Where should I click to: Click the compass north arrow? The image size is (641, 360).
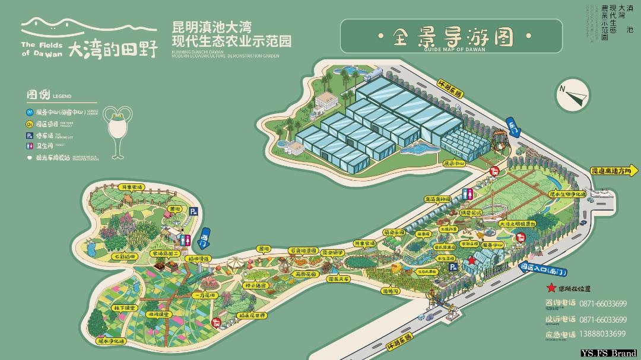[572, 94]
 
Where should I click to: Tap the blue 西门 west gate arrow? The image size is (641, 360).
[204, 236]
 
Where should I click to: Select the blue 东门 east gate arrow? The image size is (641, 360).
[513, 126]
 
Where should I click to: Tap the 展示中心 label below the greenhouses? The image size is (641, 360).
[455, 163]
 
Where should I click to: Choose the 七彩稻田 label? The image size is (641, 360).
[125, 257]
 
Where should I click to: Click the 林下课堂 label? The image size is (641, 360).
[125, 308]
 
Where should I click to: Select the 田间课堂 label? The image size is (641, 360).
[159, 314]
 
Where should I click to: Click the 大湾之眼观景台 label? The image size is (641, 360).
[517, 224]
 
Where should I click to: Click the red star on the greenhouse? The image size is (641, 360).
[471, 260]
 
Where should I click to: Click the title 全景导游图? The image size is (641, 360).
[452, 37]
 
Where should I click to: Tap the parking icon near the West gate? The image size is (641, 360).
[193, 211]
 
